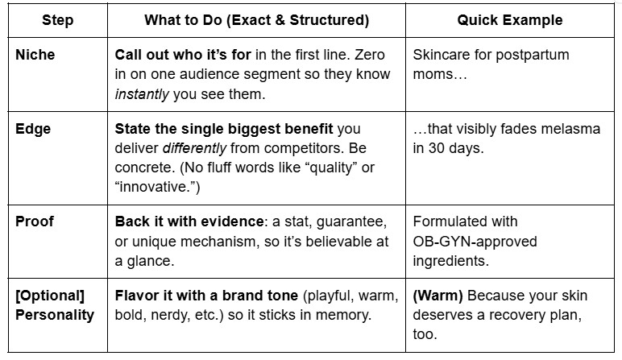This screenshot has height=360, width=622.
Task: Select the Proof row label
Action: [35, 221]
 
